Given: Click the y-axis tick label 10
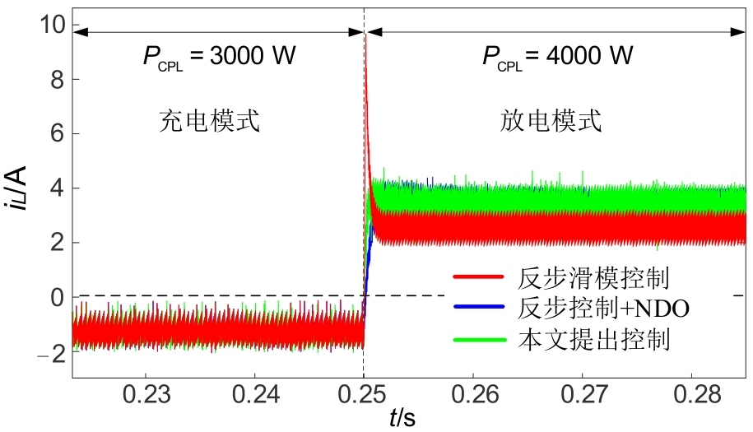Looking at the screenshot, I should (52, 25).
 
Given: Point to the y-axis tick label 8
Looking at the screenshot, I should (57, 80).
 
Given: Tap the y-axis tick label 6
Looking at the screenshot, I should (57, 134).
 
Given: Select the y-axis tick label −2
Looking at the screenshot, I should (51, 352).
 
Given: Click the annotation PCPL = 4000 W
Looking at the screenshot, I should (557, 58).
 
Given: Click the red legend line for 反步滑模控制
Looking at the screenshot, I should (477, 276).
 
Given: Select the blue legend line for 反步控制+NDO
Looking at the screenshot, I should (477, 308).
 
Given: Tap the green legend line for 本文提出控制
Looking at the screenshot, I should (477, 338).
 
